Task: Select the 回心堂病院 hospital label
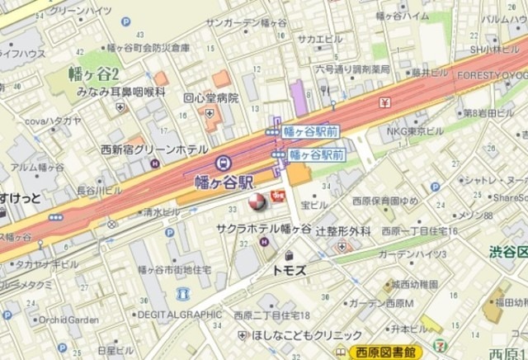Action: pyautogui.click(x=210, y=97)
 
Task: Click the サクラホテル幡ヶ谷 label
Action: pyautogui.click(x=263, y=227)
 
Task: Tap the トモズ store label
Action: pyautogui.click(x=289, y=270)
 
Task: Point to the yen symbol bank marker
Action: pyautogui.click(x=385, y=102)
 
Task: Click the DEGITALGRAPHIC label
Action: pyautogui.click(x=180, y=314)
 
